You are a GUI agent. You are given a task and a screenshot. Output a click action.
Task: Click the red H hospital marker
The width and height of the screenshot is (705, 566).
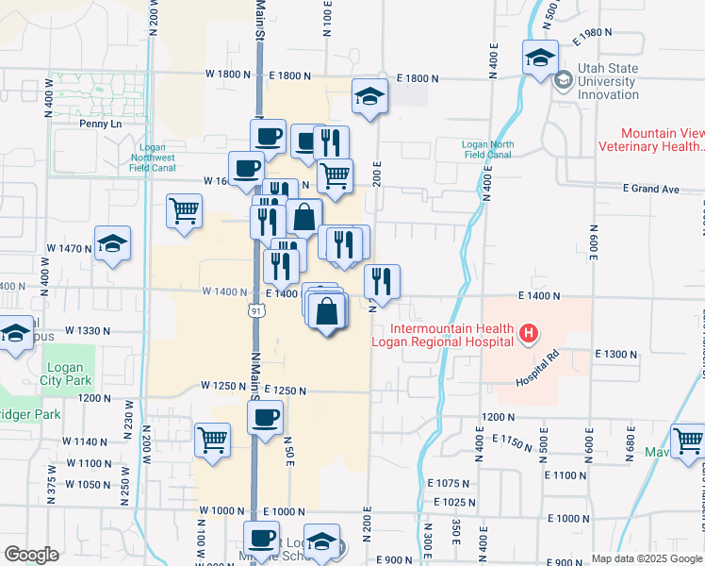[x=529, y=333]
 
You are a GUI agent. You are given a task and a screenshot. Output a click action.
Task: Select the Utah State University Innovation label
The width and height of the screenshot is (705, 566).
[x=609, y=81]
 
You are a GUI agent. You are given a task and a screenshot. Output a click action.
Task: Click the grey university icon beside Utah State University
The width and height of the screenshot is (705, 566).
[x=564, y=80]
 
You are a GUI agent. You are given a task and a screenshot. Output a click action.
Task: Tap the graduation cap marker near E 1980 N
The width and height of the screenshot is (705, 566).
[x=540, y=58]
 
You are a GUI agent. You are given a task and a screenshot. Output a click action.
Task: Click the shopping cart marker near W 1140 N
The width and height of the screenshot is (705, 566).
[x=213, y=439]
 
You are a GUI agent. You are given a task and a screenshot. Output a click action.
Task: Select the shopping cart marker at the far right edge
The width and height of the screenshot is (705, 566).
[x=689, y=439]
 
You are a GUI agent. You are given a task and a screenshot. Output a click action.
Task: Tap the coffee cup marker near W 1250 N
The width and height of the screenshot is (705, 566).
[x=266, y=416]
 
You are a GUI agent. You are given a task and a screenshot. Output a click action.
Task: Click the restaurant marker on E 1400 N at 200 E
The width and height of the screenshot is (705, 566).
[x=382, y=280]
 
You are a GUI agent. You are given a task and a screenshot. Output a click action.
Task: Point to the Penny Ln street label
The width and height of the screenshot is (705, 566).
[x=101, y=124]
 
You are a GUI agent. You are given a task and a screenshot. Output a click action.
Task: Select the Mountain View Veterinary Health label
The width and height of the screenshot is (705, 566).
[x=662, y=140]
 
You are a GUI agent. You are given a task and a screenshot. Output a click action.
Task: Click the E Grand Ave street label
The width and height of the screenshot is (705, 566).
[x=651, y=190]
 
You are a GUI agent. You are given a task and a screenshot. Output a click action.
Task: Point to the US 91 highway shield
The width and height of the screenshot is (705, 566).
[x=255, y=311]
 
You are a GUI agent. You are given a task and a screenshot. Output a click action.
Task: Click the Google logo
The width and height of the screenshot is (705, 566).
[x=31, y=555]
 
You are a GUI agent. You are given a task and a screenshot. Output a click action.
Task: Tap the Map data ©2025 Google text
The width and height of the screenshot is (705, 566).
[x=646, y=558]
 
